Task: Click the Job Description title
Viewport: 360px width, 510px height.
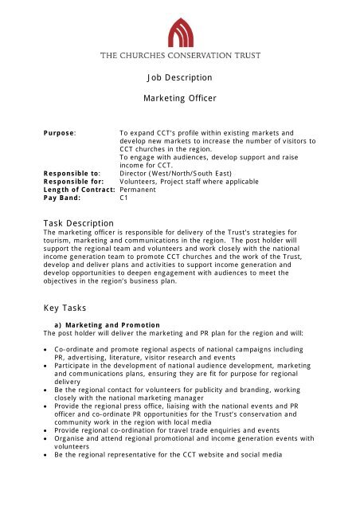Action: pyautogui.click(x=180, y=77)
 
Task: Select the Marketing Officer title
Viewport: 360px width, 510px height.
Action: pyautogui.click(x=180, y=97)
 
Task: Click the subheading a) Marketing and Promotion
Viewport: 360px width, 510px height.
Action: pyautogui.click(x=109, y=326)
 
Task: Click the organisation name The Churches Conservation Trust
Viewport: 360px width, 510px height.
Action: pyautogui.click(x=180, y=56)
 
